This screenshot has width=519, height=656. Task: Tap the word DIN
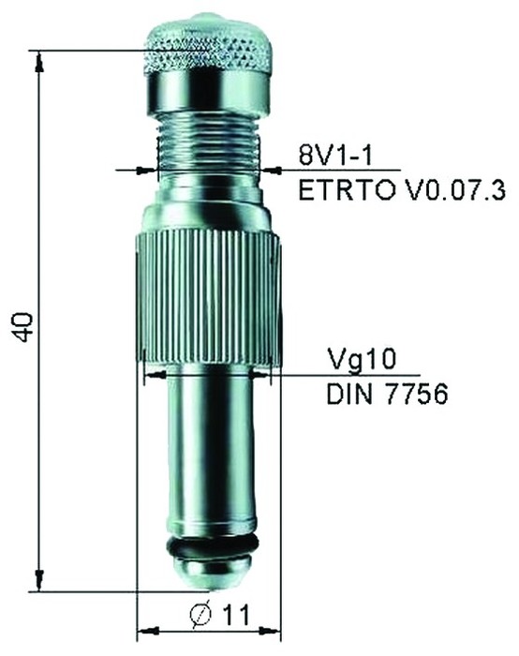coord(348,395)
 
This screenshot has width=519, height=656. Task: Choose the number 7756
coord(413,395)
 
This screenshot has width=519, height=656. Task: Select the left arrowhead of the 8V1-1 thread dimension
coord(148,170)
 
